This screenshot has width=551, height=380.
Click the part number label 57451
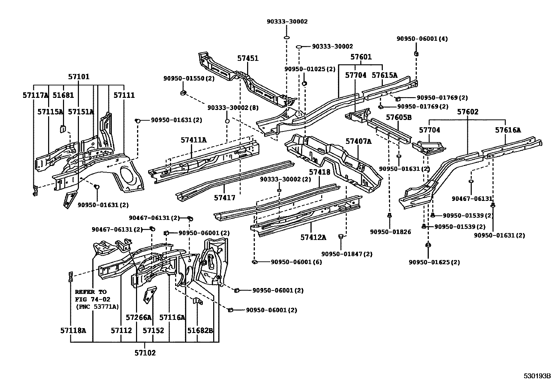click(x=248, y=58)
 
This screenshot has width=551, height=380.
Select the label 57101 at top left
click(x=79, y=77)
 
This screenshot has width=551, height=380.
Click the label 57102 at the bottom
click(x=145, y=353)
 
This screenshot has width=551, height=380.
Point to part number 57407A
click(x=358, y=141)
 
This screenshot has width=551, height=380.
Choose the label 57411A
click(x=193, y=140)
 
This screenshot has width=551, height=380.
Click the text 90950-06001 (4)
click(x=422, y=39)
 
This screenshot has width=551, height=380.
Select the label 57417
click(x=224, y=198)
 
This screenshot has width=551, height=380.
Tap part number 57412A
click(x=313, y=237)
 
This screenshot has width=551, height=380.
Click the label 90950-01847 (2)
click(x=347, y=254)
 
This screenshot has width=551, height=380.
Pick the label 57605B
click(x=399, y=117)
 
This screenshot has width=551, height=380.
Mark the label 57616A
click(x=508, y=130)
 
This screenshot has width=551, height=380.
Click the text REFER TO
click(x=91, y=291)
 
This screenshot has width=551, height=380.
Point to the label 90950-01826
click(x=390, y=232)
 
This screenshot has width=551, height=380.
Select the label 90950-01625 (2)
click(x=434, y=262)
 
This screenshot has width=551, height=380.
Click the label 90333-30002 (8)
click(x=233, y=108)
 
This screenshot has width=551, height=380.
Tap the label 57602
click(x=468, y=112)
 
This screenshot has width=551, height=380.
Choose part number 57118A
click(x=73, y=331)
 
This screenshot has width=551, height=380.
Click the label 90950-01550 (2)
click(x=189, y=78)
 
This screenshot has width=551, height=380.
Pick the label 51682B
click(x=200, y=331)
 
